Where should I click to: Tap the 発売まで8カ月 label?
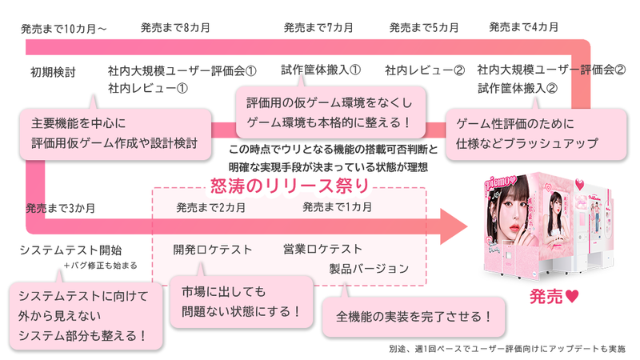(175, 28)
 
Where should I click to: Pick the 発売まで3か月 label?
(60, 208)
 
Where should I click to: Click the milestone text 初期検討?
(53, 71)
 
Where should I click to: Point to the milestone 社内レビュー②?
(424, 70)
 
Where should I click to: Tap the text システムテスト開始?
(70, 250)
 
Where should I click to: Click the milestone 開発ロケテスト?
(213, 249)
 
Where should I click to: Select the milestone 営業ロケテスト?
(322, 249)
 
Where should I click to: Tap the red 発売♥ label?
(554, 295)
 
